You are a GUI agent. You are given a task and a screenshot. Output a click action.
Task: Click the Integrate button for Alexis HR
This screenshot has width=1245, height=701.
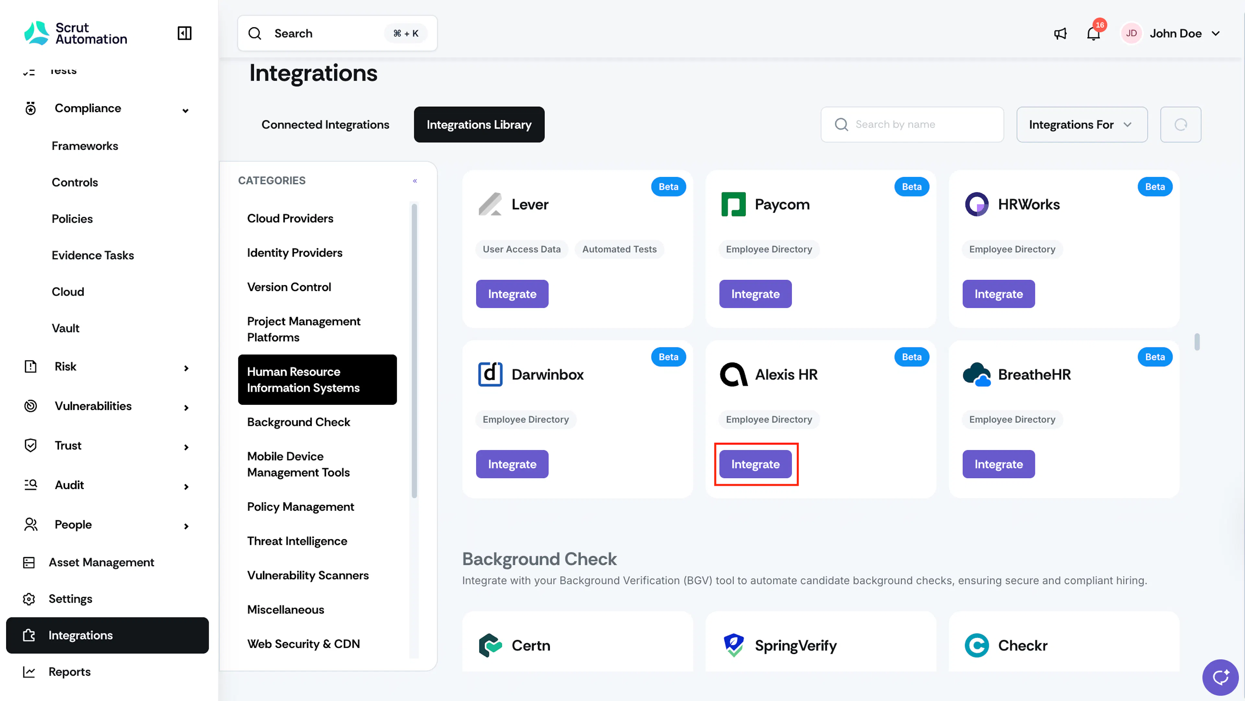pyautogui.click(x=755, y=464)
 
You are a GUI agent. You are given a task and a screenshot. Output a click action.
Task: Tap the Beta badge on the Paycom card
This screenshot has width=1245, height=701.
pyautogui.click(x=911, y=186)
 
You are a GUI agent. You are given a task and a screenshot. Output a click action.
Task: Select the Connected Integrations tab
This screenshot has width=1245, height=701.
pyautogui.click(x=325, y=125)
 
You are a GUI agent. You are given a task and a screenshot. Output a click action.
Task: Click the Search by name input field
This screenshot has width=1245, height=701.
pyautogui.click(x=912, y=125)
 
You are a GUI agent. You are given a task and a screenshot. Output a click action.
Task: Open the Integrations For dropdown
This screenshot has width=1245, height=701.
pyautogui.click(x=1082, y=125)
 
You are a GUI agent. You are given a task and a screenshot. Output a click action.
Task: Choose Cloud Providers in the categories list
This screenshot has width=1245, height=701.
pyautogui.click(x=290, y=218)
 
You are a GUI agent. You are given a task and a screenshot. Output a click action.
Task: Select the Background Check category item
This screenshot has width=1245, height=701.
pyautogui.click(x=299, y=422)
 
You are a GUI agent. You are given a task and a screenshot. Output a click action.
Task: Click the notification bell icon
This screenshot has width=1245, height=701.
pyautogui.click(x=1093, y=33)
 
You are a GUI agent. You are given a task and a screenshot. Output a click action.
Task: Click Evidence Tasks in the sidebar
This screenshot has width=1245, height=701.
pyautogui.click(x=93, y=255)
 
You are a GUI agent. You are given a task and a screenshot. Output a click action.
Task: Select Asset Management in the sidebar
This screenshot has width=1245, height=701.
pyautogui.click(x=101, y=562)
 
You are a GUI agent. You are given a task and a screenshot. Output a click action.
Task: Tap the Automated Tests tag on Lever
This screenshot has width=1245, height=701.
pyautogui.click(x=619, y=249)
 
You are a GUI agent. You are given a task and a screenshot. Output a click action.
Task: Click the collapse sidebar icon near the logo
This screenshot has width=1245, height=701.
pyautogui.click(x=184, y=33)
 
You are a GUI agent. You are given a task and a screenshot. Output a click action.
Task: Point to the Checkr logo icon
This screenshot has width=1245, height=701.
pyautogui.click(x=976, y=646)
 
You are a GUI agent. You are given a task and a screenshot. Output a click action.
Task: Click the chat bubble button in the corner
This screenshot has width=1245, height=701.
pyautogui.click(x=1220, y=677)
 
